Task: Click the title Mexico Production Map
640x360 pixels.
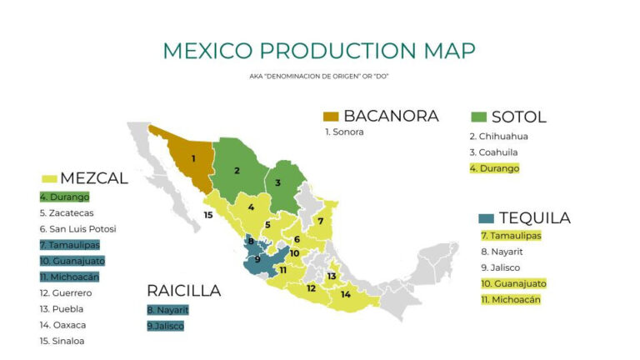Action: coord(319,50)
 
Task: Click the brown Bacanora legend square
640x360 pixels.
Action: coord(331,116)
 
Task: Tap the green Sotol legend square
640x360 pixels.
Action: coord(478,116)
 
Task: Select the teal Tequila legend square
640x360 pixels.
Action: coord(486,218)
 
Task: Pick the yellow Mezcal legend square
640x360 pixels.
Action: coord(48,178)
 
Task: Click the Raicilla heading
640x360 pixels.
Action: coord(183,291)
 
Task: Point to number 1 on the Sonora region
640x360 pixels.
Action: coord(193,158)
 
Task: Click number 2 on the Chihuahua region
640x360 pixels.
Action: coord(237,171)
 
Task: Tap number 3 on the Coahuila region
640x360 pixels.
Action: coord(278,182)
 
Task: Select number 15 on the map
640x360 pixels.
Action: coord(208,215)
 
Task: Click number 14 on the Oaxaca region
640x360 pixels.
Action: coord(346,294)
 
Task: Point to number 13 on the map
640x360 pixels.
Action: coord(332,276)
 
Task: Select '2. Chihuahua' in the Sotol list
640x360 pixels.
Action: coord(498,137)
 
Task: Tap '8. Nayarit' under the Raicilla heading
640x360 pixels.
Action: coord(167,310)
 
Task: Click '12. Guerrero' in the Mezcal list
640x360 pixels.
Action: coord(66,293)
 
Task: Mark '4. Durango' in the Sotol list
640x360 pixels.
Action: coord(494,168)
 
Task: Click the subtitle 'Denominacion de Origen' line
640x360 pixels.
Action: coord(319,77)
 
